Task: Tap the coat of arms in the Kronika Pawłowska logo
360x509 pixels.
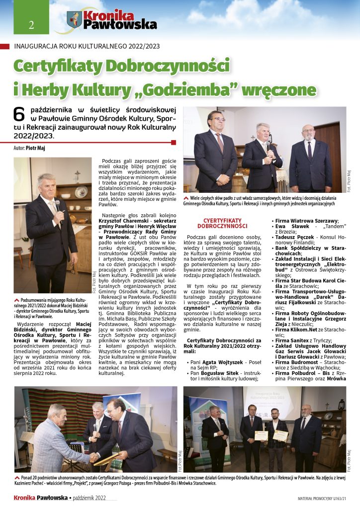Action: click(74, 20)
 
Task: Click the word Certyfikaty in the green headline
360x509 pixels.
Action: click(55, 66)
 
